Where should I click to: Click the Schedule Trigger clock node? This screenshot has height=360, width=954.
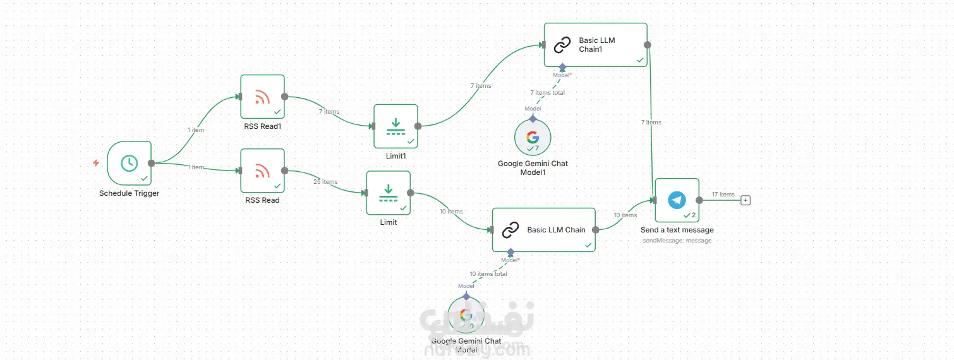click(x=129, y=163)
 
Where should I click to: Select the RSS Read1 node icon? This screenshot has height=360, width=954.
click(x=262, y=97)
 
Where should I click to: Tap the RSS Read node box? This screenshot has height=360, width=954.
click(x=262, y=171)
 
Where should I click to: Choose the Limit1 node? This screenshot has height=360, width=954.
click(x=395, y=126)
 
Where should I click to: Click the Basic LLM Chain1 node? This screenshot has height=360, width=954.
click(x=596, y=45)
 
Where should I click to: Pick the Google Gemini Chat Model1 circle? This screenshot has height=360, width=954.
click(x=533, y=137)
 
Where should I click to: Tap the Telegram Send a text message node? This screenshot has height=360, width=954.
click(x=677, y=200)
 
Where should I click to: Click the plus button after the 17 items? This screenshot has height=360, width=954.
click(x=746, y=200)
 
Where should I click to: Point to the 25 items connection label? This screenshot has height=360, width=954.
click(x=325, y=182)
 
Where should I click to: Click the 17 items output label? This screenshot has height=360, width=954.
click(x=723, y=195)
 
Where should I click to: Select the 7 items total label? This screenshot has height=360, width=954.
click(x=547, y=93)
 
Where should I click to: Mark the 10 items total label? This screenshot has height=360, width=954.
click(x=488, y=274)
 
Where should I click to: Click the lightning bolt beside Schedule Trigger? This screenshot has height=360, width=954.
click(x=96, y=163)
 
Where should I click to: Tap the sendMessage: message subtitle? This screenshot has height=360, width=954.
click(x=677, y=241)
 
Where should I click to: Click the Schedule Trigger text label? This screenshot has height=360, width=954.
click(x=129, y=193)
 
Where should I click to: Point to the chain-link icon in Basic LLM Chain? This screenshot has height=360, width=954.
click(x=510, y=231)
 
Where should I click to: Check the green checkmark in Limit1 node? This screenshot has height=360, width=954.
click(x=411, y=141)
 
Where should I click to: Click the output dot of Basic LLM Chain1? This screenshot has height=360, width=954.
click(x=648, y=45)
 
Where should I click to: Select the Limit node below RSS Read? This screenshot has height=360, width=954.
click(x=389, y=193)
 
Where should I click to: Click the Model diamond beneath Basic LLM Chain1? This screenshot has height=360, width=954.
click(x=562, y=66)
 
